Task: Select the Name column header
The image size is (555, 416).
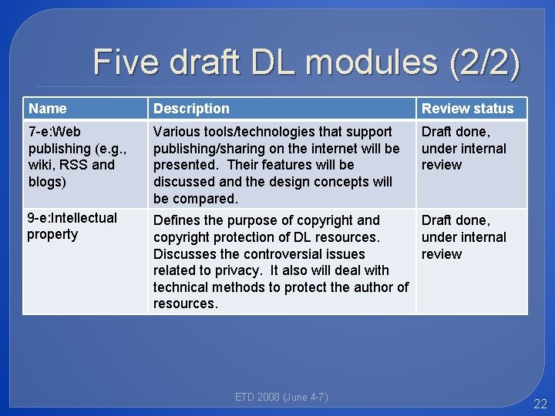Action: click(47, 109)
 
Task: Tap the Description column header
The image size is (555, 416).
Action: click(191, 109)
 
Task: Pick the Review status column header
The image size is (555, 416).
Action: click(467, 109)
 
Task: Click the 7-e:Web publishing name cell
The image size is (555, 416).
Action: click(71, 156)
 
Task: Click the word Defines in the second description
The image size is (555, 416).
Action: click(177, 220)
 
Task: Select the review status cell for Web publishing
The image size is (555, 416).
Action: click(463, 148)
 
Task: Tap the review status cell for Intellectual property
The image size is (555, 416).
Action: click(463, 237)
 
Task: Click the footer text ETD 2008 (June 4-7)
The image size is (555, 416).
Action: click(281, 398)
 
